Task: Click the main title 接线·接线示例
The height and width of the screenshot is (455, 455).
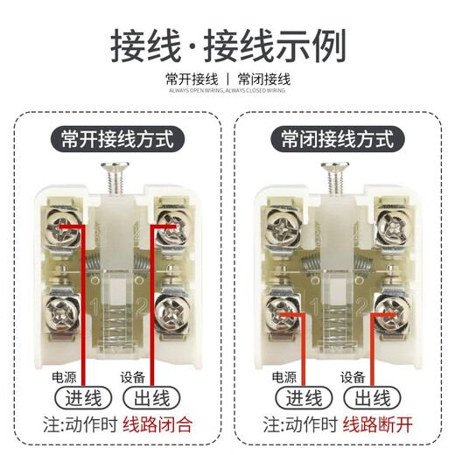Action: pyautogui.click(x=227, y=44)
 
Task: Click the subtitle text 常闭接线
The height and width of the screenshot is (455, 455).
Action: pyautogui.click(x=264, y=79)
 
